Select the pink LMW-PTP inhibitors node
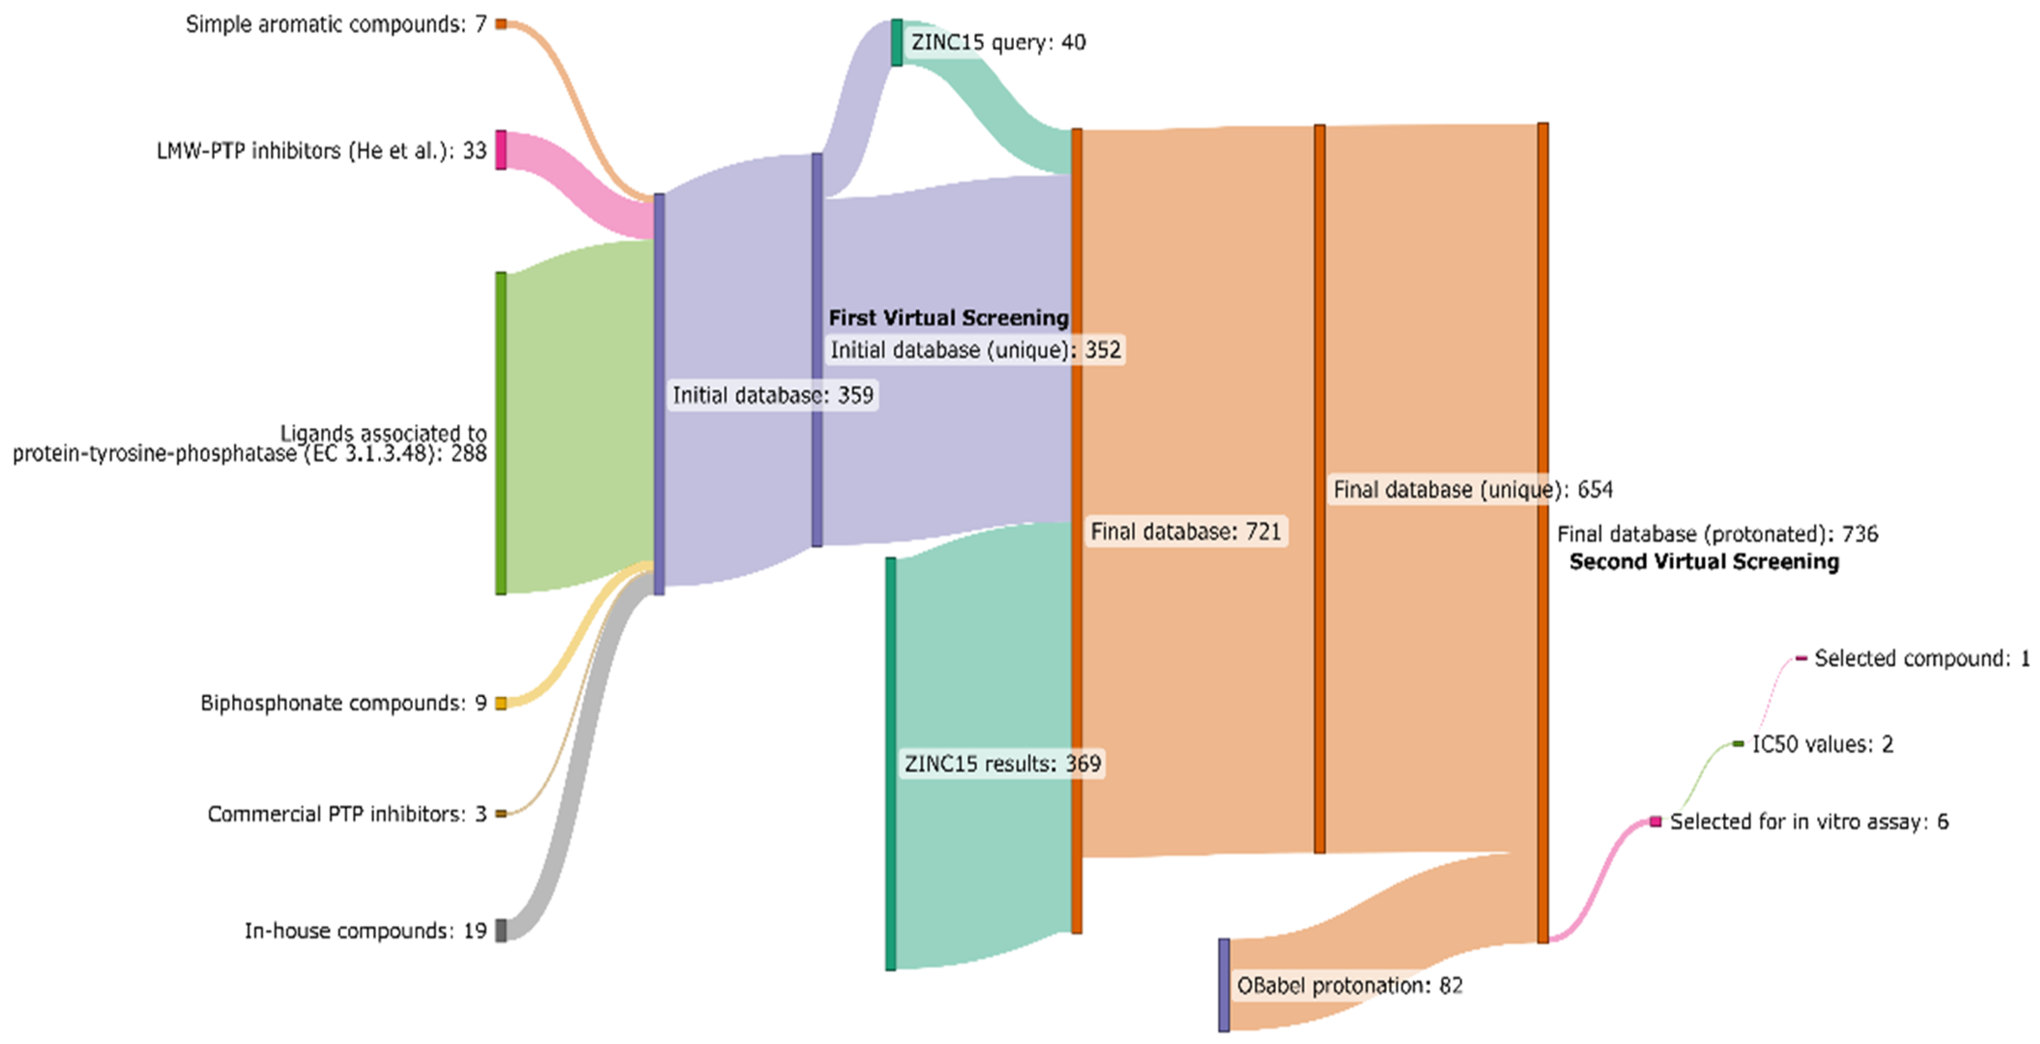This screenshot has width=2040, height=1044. [501, 150]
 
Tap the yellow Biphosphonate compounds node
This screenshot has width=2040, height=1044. [501, 703]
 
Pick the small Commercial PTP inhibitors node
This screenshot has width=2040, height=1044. [501, 813]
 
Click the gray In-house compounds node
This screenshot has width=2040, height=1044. [501, 930]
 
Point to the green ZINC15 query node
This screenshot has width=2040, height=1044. [896, 43]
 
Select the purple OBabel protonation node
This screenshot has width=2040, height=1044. [1223, 985]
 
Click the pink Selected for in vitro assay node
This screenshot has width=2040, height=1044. [1655, 821]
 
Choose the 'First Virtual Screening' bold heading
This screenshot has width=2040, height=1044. [948, 318]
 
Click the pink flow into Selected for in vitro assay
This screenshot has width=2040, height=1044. [1600, 879]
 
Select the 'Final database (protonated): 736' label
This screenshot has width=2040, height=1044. [1717, 534]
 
